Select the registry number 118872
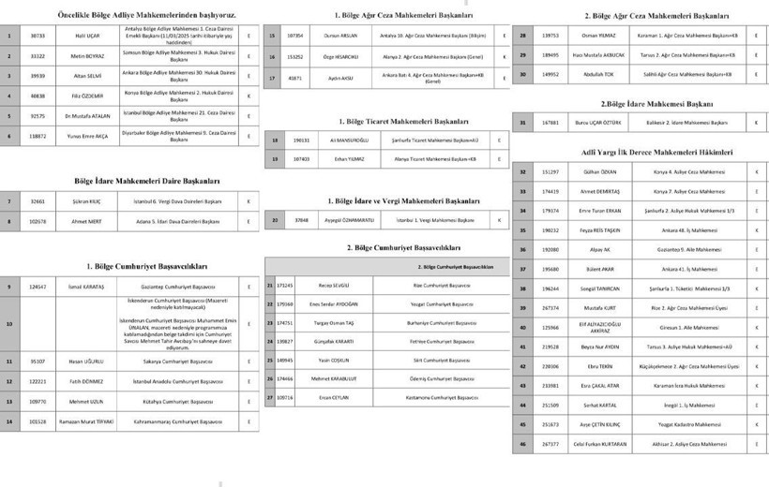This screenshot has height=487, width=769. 38,136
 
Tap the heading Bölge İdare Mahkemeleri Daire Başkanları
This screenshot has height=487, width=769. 147,181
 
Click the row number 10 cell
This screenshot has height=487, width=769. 8,324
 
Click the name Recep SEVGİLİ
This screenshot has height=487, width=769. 336,284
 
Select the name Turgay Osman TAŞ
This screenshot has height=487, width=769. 336,322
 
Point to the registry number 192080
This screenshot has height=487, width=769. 550,249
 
